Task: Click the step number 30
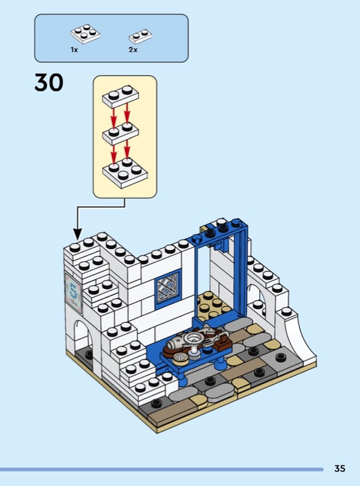pyautogui.click(x=49, y=83)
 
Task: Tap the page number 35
pyautogui.click(x=339, y=468)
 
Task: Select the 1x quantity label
pyautogui.click(x=74, y=50)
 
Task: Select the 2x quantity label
pyautogui.click(x=133, y=50)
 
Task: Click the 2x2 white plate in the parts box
pyautogui.click(x=85, y=33)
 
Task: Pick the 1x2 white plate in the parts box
pyautogui.click(x=140, y=36)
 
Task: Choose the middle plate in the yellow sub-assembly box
pyautogui.click(x=120, y=133)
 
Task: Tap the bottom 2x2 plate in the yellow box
pyautogui.click(x=125, y=173)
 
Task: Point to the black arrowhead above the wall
pyautogui.click(x=78, y=234)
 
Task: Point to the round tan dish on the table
pyautogui.click(x=180, y=359)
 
